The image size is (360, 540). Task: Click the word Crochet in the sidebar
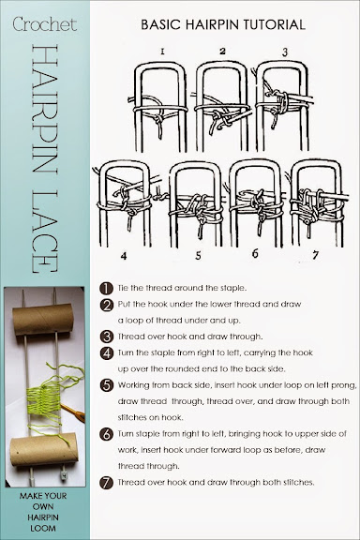[45, 24]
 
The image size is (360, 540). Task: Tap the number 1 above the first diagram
[162, 52]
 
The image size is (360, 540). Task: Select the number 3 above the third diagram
[285, 52]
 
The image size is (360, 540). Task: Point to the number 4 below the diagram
[124, 256]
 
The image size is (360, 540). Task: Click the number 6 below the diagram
[255, 254]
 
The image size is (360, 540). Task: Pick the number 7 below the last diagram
[315, 255]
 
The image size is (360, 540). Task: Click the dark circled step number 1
[107, 288]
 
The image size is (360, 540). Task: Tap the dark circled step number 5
[107, 385]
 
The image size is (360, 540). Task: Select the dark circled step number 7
[107, 483]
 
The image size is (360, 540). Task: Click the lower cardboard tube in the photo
[44, 449]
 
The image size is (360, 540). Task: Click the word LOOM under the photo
[43, 528]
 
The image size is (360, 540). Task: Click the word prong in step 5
[344, 385]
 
